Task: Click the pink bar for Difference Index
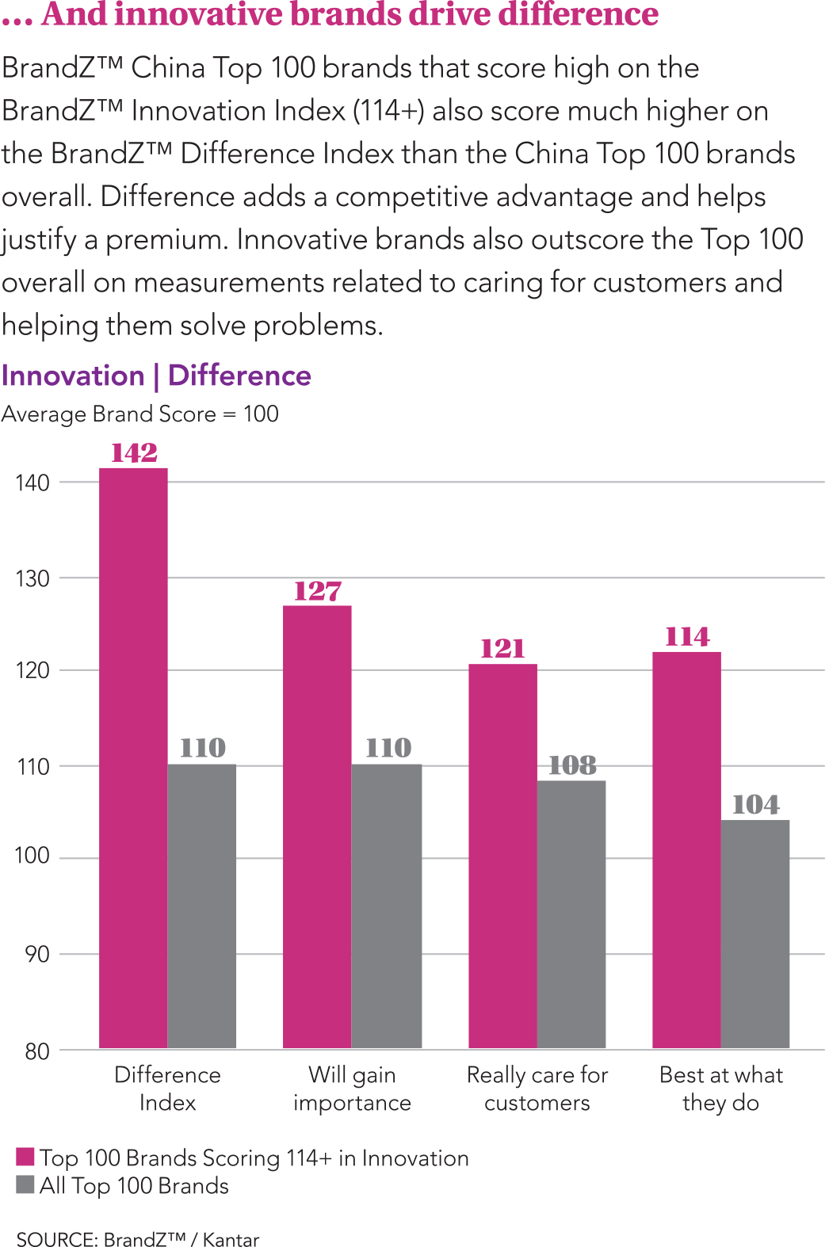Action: pyautogui.click(x=133, y=757)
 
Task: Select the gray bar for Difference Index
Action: pyautogui.click(x=202, y=906)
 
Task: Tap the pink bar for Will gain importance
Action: pyautogui.click(x=317, y=826)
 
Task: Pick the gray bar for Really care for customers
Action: pyautogui.click(x=571, y=913)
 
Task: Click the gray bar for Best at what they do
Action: pyautogui.click(x=755, y=933)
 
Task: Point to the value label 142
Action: pyautogui.click(x=134, y=453)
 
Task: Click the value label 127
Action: pyautogui.click(x=318, y=591)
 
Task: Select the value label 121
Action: pyautogui.click(x=502, y=649)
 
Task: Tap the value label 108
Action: pyautogui.click(x=572, y=765)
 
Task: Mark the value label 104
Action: pyautogui.click(x=756, y=805)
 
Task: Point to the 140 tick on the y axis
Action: pyautogui.click(x=32, y=482)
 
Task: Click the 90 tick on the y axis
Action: pyautogui.click(x=37, y=954)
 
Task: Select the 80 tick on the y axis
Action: pyautogui.click(x=37, y=1051)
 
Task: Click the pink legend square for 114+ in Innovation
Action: pyautogui.click(x=25, y=1157)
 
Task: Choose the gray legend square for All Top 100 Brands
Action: pyautogui.click(x=25, y=1184)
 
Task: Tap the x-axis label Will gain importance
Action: pyautogui.click(x=352, y=1089)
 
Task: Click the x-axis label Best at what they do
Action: pyautogui.click(x=721, y=1089)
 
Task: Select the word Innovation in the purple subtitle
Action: pyautogui.click(x=73, y=376)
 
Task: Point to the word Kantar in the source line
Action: pyautogui.click(x=231, y=1239)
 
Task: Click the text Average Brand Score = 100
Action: pyautogui.click(x=140, y=414)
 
